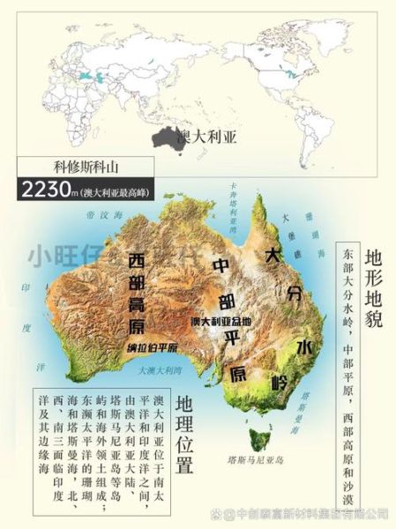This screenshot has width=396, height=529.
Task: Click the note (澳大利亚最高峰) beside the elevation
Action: pos(109,191)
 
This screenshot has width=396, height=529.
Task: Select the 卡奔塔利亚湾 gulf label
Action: pos(233,209)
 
